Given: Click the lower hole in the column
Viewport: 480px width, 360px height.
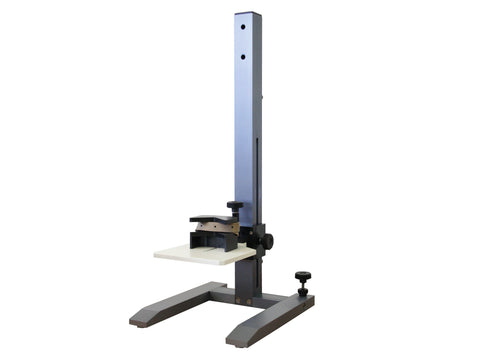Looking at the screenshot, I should [x=243, y=57].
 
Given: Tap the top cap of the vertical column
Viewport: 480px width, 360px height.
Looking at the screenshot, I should [x=247, y=14].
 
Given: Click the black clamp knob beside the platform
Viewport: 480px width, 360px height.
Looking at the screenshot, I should [x=266, y=240].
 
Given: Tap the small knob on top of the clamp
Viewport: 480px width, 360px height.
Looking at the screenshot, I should [x=235, y=207].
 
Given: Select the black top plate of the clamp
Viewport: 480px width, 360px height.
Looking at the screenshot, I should [x=215, y=219].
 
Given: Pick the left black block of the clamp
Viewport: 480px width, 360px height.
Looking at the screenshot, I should [x=199, y=239].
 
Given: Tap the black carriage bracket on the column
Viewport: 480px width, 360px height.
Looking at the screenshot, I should [x=253, y=240].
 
